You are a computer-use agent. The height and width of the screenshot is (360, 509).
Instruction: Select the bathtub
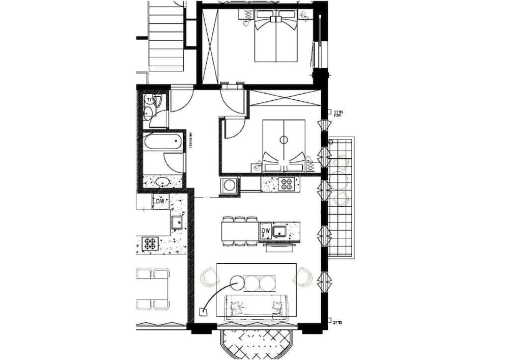coord(163,142)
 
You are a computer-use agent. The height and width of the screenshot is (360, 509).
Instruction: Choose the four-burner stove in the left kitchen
coord(150,243)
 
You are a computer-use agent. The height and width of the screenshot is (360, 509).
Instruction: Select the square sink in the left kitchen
coord(177,221)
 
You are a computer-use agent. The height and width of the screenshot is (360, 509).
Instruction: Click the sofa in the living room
coord(257,308)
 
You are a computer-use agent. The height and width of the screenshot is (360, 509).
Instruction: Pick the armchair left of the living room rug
coord(209,276)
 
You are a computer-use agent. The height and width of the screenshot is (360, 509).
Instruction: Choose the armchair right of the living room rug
coord(303,276)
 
